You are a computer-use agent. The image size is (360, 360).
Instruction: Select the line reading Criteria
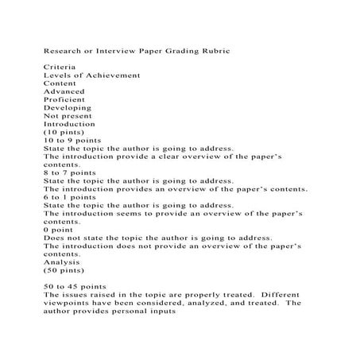pos(60,67)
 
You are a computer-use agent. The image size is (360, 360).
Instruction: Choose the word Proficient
pos(65,99)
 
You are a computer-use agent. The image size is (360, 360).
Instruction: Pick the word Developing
pos(67,107)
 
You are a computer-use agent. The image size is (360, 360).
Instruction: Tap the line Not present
pos(69,116)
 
